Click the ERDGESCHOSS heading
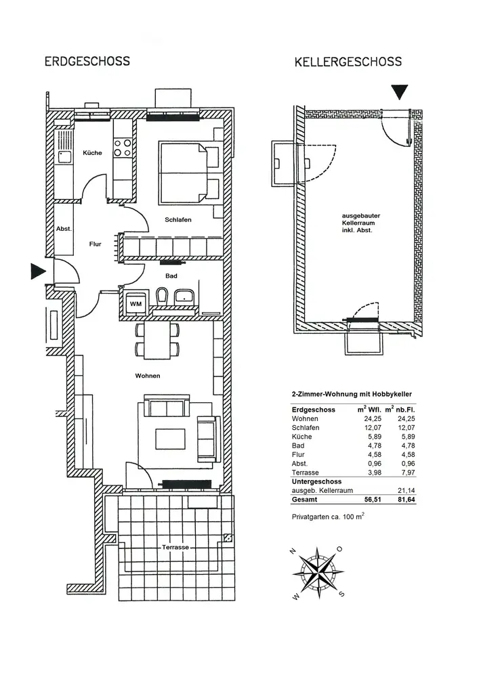87,61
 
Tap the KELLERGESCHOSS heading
348,62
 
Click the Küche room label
92,153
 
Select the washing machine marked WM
136,304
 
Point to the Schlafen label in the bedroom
178,220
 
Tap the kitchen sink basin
65,156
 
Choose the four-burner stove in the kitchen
122,148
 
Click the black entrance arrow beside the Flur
39,271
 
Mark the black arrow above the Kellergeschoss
400,92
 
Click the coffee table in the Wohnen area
171,439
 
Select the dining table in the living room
157,341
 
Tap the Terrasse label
175,547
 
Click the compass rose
318,573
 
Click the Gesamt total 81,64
407,500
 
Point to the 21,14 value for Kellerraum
407,490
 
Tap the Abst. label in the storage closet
64,229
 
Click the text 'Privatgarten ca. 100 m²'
328,517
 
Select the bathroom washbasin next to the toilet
184,297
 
